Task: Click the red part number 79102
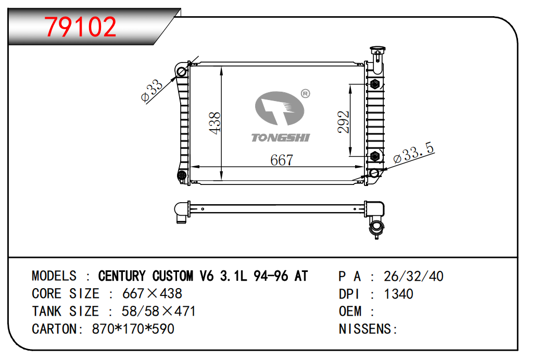(80, 27)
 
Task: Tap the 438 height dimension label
(215, 123)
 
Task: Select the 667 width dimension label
(282, 160)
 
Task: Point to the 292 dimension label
(344, 122)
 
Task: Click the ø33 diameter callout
(152, 90)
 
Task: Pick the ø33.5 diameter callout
(414, 153)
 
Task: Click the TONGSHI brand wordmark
(280, 138)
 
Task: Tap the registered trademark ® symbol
(306, 93)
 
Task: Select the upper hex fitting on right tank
(375, 84)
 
